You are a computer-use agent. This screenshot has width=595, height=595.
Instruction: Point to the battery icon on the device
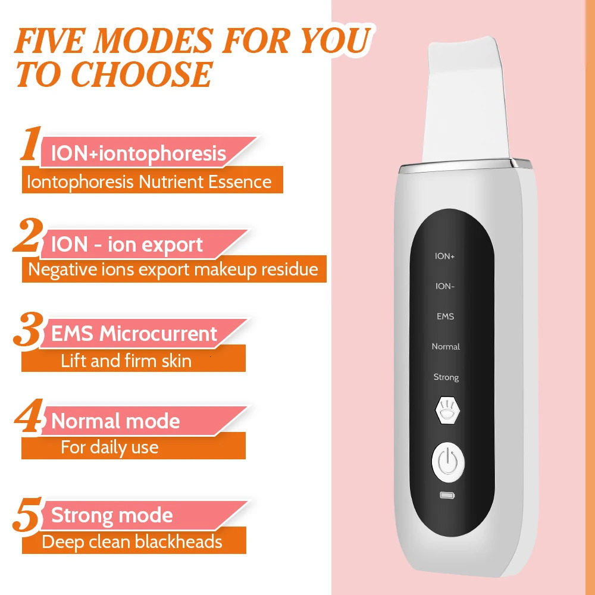click(446, 495)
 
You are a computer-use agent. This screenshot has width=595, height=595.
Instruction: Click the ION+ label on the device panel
click(445, 256)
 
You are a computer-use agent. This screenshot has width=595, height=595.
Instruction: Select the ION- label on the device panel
click(445, 286)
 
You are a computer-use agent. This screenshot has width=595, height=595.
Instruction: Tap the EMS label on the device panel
click(445, 317)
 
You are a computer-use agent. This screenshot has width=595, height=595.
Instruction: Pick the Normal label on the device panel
click(446, 347)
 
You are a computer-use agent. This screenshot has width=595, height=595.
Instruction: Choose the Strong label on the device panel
click(446, 377)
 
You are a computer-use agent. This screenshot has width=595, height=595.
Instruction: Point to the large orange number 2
click(28, 236)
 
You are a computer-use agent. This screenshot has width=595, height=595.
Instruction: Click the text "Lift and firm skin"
click(126, 361)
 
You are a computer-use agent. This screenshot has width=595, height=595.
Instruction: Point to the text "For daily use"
click(109, 447)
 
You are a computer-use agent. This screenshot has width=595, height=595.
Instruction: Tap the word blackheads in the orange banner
click(178, 542)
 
